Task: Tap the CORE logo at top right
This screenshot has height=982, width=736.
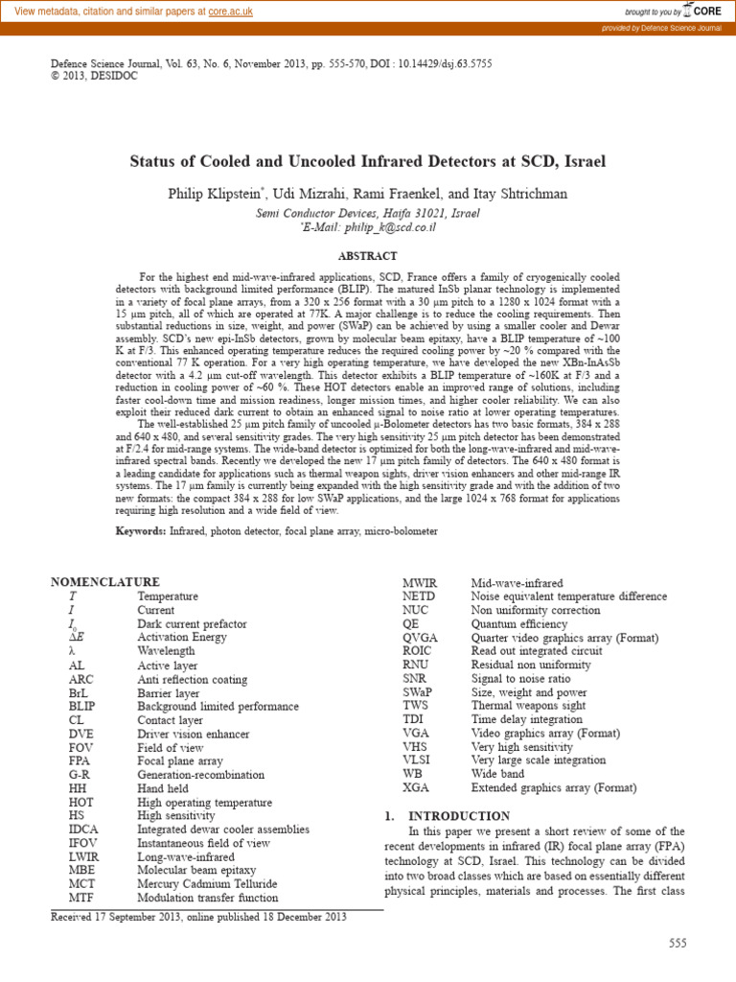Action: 700,11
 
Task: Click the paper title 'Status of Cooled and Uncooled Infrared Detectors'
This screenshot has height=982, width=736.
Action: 367,161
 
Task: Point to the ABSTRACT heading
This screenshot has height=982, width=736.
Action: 368,256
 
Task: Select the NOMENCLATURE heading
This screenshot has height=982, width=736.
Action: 104,582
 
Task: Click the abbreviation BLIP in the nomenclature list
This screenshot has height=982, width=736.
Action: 84,707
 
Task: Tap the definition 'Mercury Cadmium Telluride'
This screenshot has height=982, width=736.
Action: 207,884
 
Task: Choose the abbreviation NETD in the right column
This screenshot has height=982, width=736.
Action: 419,596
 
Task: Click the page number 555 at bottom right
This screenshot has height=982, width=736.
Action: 678,944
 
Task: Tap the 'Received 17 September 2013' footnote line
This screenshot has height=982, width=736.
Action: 198,917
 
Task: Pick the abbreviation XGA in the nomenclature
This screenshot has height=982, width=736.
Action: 416,787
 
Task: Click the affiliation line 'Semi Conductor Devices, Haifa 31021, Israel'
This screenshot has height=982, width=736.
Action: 368,213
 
